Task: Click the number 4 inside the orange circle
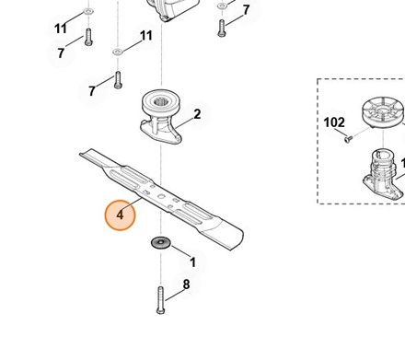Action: (x=120, y=215)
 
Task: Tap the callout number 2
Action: (x=197, y=114)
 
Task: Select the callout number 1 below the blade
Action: (x=192, y=262)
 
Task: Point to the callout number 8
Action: (x=186, y=285)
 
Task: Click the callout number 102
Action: (x=334, y=122)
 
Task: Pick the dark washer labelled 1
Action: (x=160, y=243)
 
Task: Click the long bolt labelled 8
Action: (x=160, y=300)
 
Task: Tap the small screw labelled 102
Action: (x=347, y=140)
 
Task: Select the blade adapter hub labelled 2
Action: (x=161, y=117)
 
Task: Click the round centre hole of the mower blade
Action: (x=161, y=196)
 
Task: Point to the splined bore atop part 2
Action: (x=160, y=100)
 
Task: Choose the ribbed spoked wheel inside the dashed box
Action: (x=382, y=112)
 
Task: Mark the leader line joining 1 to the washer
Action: (x=180, y=251)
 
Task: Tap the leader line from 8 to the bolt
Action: (x=174, y=295)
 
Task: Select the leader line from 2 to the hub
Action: (x=184, y=122)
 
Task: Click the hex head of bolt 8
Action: (x=160, y=311)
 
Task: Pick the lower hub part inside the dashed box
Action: (x=382, y=175)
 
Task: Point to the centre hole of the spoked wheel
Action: (x=382, y=110)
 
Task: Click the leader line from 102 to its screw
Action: (x=340, y=134)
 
